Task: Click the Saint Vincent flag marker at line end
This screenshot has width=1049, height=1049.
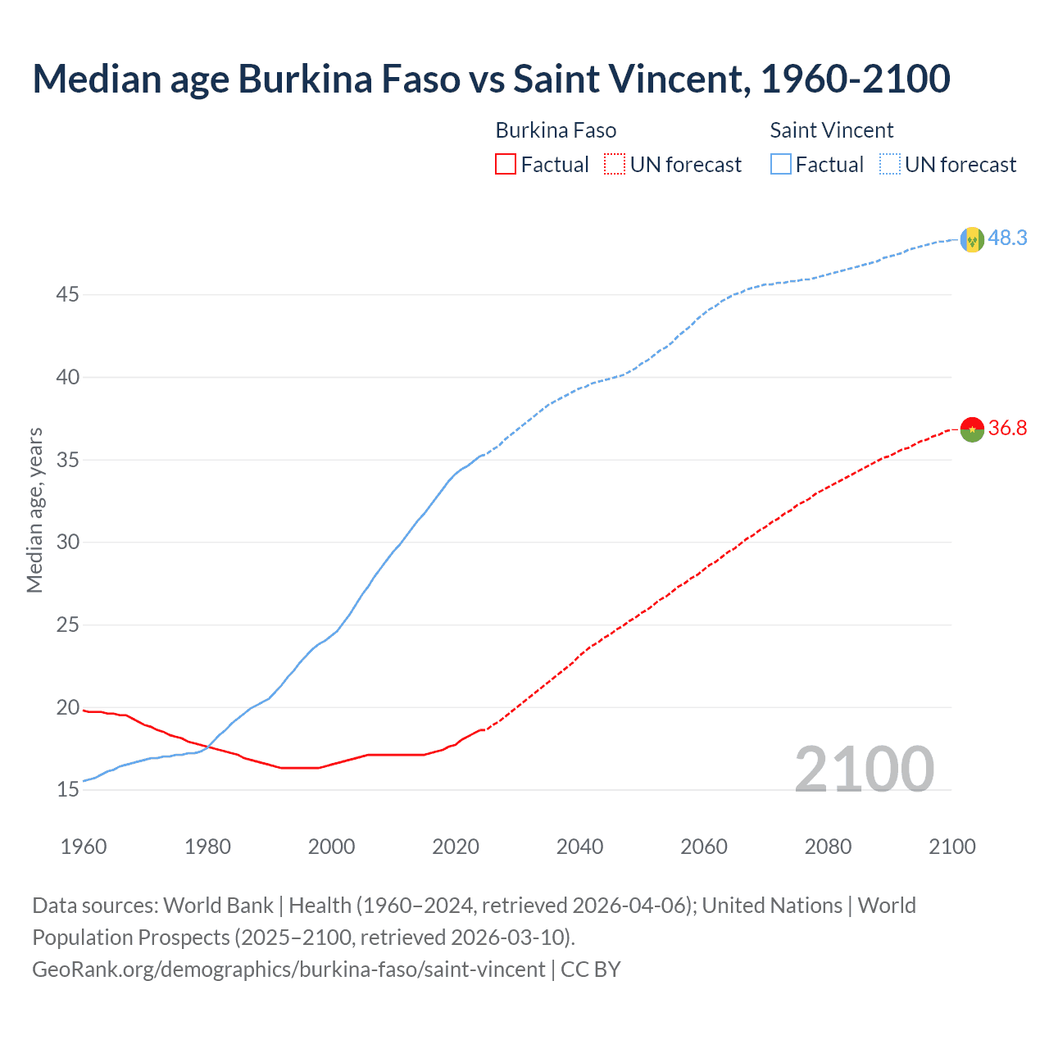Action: pos(972,239)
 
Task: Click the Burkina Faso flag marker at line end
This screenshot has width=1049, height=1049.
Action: pos(972,429)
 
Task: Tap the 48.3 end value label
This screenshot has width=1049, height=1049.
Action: pos(1007,238)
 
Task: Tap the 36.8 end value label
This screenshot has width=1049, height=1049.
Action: pos(1007,429)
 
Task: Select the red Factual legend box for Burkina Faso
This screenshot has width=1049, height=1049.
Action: pos(506,165)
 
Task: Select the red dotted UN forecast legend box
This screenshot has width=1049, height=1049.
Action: pos(615,165)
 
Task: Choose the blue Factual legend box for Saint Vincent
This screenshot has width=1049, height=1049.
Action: pos(780,165)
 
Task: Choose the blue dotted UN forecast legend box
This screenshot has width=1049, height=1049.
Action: pos(889,165)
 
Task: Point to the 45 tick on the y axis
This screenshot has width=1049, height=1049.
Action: pos(67,294)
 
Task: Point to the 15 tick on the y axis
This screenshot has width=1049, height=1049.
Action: pos(67,790)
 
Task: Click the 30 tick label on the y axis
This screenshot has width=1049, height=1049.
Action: pos(67,543)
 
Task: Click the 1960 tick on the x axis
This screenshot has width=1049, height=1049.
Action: pos(84,847)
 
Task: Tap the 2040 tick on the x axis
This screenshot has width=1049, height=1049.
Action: pos(579,847)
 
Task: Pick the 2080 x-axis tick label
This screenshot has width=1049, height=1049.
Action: pos(828,847)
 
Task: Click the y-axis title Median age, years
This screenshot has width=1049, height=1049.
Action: pos(34,510)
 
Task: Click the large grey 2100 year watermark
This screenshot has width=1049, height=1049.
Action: pos(864,769)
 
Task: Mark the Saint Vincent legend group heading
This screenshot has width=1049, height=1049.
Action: pos(831,130)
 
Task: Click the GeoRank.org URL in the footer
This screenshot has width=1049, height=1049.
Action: pos(288,970)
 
